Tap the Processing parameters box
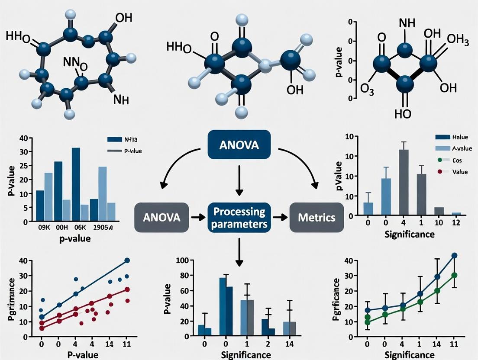pyautogui.click(x=239, y=218)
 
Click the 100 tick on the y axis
pyautogui.click(x=181, y=260)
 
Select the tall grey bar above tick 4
pyautogui.click(x=404, y=182)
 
